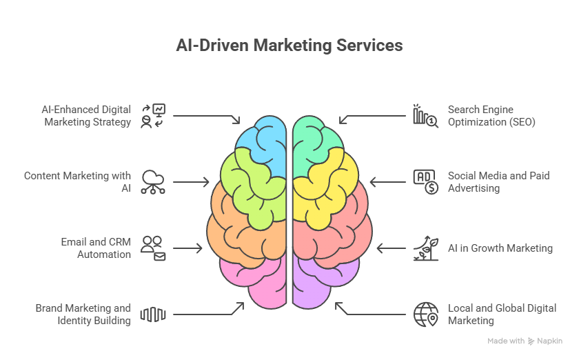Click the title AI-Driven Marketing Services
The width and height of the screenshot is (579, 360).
(289, 46)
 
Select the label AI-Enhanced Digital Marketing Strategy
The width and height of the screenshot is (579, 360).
(87, 115)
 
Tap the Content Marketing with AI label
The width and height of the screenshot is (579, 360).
(77, 181)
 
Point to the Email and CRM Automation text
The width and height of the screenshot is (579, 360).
(95, 248)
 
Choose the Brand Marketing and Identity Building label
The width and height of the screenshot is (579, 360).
(83, 314)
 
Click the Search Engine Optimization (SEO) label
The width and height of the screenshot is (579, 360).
(491, 115)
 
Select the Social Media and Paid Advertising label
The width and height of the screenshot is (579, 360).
(498, 181)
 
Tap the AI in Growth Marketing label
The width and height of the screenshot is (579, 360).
(500, 248)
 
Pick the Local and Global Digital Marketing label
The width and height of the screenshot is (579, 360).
(502, 314)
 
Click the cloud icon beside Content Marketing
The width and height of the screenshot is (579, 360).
(152, 181)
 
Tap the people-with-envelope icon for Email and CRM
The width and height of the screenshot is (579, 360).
(152, 248)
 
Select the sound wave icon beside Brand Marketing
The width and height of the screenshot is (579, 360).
(152, 314)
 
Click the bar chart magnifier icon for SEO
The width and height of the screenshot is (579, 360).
(425, 115)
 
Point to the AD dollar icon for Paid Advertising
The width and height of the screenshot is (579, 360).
(425, 181)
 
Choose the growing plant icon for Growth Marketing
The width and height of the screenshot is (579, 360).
(425, 248)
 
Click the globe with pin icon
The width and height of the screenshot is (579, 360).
(425, 314)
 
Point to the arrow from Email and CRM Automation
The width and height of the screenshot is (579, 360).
(187, 248)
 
